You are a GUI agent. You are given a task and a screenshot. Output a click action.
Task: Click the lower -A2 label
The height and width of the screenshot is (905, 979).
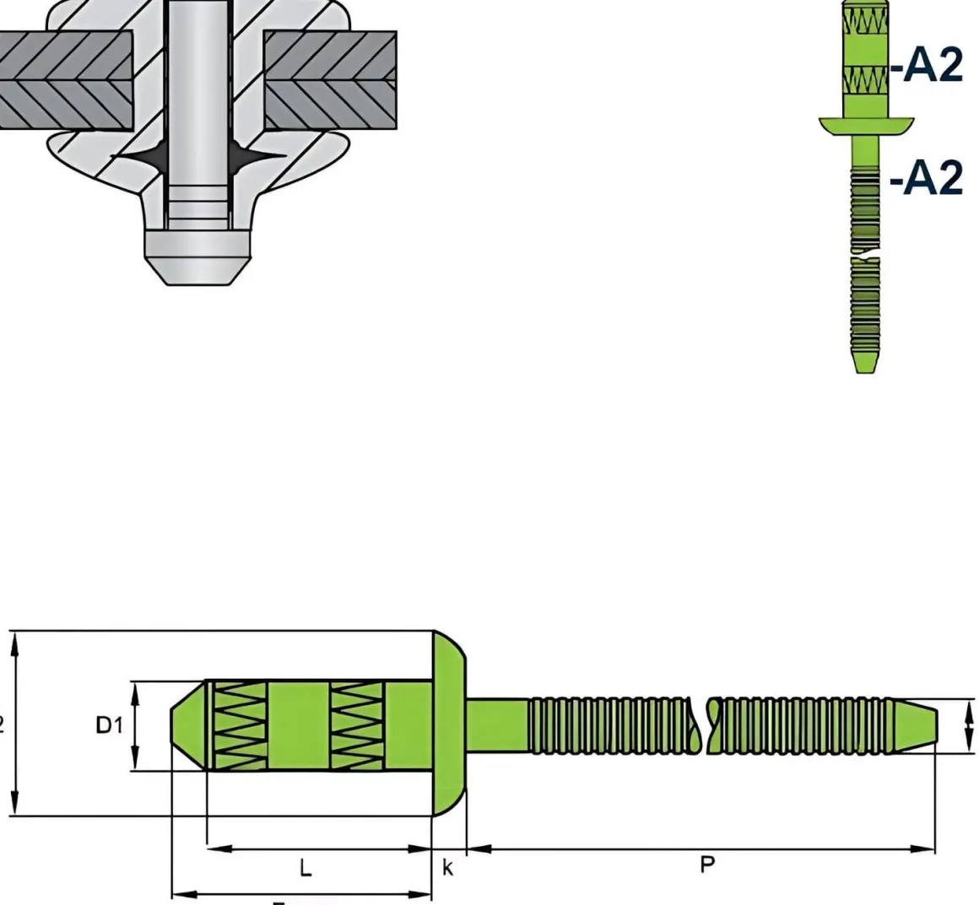click(927, 178)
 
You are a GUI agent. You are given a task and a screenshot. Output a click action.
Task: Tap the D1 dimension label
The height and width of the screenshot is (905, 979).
click(109, 725)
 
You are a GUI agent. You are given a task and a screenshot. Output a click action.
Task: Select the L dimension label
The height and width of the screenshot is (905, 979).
click(306, 867)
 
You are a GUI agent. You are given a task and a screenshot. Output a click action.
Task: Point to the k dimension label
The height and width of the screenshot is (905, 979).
click(448, 867)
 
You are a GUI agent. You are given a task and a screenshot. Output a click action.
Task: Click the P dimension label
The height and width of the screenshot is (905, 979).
click(707, 865)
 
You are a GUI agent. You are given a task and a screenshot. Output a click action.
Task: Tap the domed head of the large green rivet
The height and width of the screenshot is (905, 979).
click(449, 724)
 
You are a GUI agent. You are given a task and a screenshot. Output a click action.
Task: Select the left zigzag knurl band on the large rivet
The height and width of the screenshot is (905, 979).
click(238, 725)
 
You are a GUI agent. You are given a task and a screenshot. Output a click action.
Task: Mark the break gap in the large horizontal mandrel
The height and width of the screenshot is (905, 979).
click(702, 725)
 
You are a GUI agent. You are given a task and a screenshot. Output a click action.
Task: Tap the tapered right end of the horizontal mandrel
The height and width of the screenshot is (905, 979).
click(923, 725)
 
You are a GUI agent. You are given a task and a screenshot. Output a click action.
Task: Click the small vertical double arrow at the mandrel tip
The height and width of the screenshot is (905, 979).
click(969, 725)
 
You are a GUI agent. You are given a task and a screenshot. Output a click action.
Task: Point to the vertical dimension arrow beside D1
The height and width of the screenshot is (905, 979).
click(134, 725)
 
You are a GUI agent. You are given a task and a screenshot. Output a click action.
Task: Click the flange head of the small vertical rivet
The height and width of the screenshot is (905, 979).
click(867, 126)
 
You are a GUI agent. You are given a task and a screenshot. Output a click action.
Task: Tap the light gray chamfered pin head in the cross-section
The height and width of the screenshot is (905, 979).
click(196, 253)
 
